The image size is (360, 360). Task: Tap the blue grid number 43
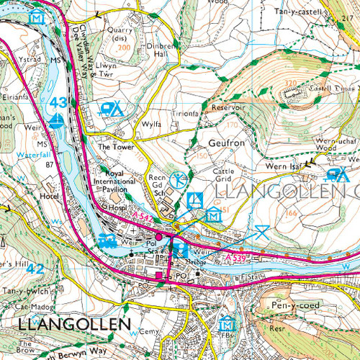pyautogui.click(x=58, y=103)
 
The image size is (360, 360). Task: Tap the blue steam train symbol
pyautogui.click(x=108, y=240)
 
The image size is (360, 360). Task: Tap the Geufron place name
pyautogui.click(x=228, y=143)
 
